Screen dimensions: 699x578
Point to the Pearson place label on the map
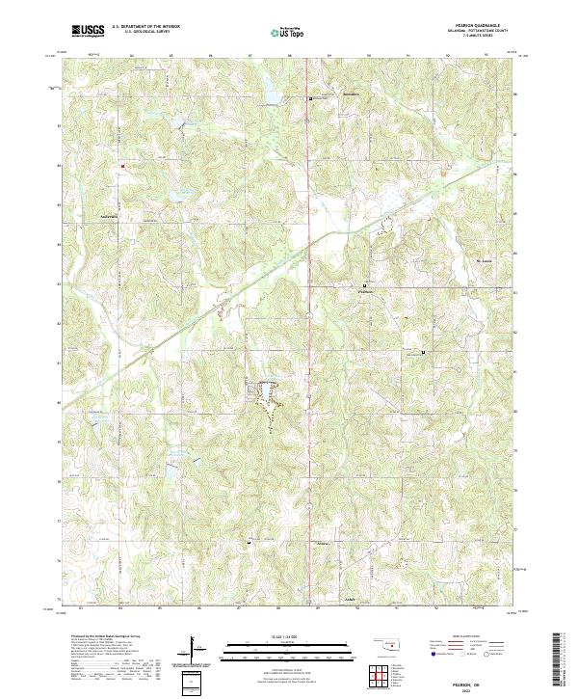(x=365, y=293)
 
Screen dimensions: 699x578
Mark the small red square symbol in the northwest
(x=123, y=166)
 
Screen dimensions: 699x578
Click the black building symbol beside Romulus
(x=309, y=98)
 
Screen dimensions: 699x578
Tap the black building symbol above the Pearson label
(x=364, y=285)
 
